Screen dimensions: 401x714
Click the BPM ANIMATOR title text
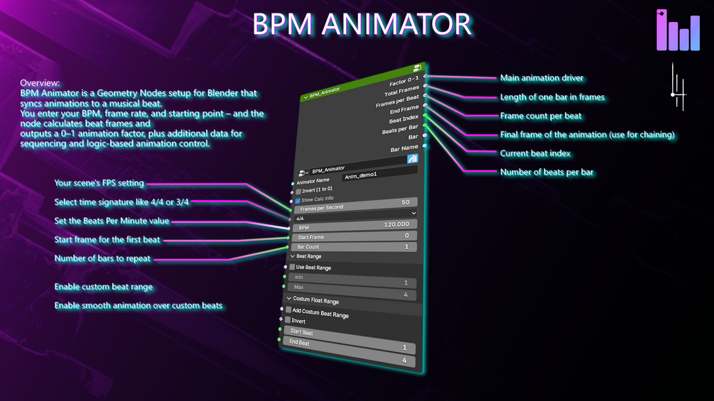pos(362,24)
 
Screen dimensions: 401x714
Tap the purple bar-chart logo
pos(678,31)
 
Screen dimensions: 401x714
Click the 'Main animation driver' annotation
pos(542,78)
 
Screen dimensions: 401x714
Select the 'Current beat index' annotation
pos(535,153)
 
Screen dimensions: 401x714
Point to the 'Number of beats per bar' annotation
pos(547,172)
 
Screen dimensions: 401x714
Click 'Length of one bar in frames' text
pos(552,97)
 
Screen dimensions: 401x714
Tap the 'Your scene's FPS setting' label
pos(99,183)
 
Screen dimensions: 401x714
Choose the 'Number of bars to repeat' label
pos(102,258)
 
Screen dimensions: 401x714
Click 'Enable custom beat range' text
pos(104,287)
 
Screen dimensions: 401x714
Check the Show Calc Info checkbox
pos(298,201)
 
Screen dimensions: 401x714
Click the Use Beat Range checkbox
pos(292,267)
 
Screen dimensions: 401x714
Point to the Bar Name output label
pos(404,148)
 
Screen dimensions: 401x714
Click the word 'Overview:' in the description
pos(40,83)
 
